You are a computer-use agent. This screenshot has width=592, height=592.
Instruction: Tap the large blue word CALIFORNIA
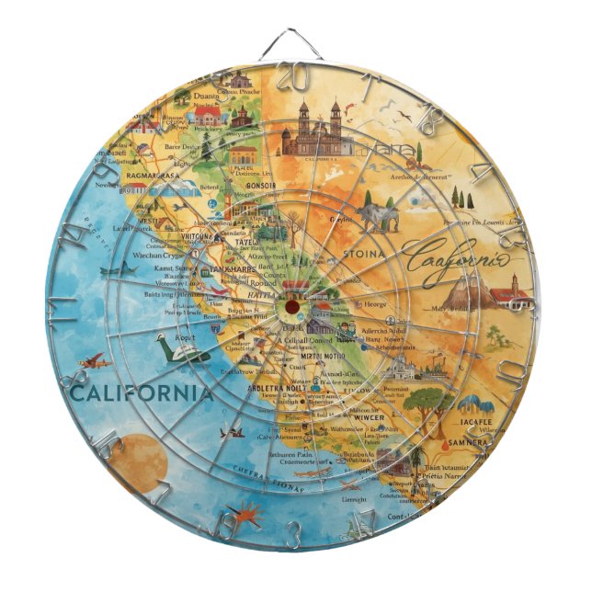click(142, 394)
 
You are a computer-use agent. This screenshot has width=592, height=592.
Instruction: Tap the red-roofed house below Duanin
click(208, 115)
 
